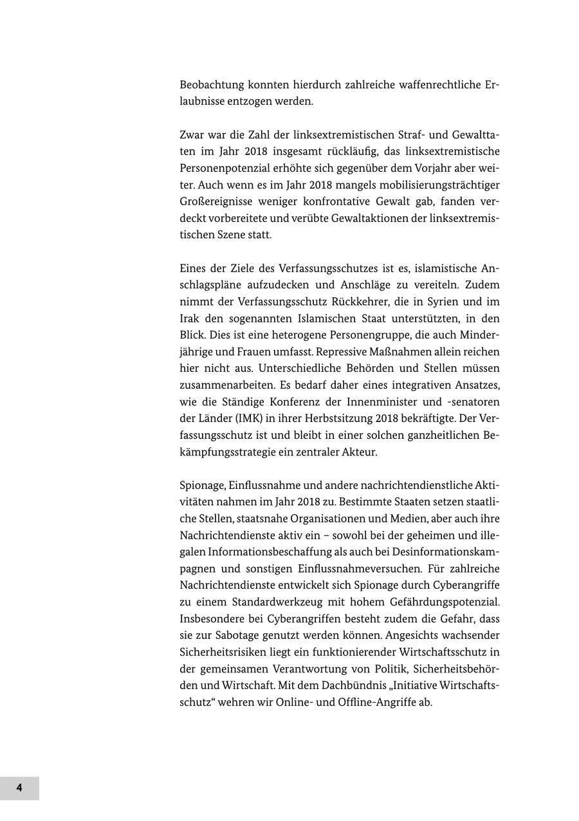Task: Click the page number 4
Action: point(19,788)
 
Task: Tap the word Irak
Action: point(190,318)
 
